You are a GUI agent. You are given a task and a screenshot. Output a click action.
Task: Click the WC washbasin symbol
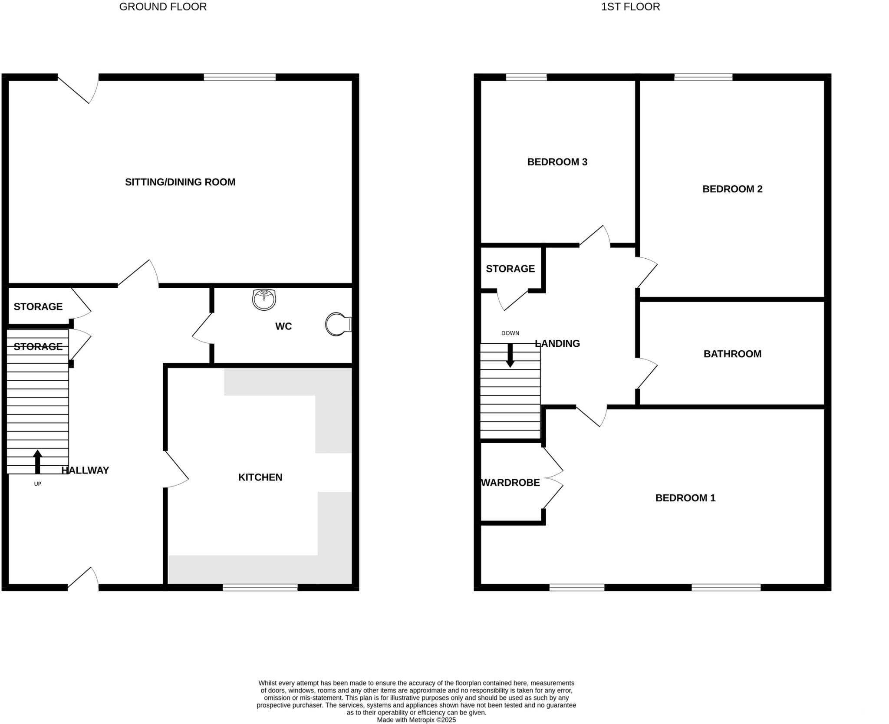coord(264,299)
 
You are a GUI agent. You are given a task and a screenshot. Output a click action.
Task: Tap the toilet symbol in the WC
coord(338,324)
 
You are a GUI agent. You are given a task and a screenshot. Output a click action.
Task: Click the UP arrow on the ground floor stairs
coord(37,461)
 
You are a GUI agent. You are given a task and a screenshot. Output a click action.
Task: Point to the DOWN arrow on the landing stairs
coord(510,355)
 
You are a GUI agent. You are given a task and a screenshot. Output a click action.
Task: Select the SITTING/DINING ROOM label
coord(180,182)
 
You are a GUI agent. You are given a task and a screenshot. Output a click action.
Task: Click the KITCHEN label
coord(260,477)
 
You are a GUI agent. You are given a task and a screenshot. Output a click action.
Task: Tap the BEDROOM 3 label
coord(557,162)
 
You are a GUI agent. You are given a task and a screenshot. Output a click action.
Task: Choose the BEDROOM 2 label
coord(732,189)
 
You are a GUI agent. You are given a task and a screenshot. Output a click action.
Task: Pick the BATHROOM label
coord(732,354)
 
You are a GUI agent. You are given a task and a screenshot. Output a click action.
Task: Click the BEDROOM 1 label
coord(685,498)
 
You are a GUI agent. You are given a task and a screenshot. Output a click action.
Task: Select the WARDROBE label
coord(510,483)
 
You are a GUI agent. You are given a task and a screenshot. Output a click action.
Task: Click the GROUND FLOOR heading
coord(163,7)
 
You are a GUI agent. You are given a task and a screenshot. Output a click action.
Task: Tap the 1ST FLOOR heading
coord(630,7)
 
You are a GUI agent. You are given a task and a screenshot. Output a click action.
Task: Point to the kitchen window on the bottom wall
coord(260,587)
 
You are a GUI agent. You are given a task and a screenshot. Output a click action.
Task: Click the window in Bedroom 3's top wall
coord(526,77)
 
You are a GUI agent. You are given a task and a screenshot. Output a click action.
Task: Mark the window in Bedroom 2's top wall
coord(703,77)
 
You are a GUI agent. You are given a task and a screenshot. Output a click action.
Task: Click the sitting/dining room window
coord(240,77)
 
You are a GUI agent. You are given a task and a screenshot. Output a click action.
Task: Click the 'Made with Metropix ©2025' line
coord(416,720)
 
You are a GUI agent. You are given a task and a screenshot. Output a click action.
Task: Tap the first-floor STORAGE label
coord(510,269)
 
